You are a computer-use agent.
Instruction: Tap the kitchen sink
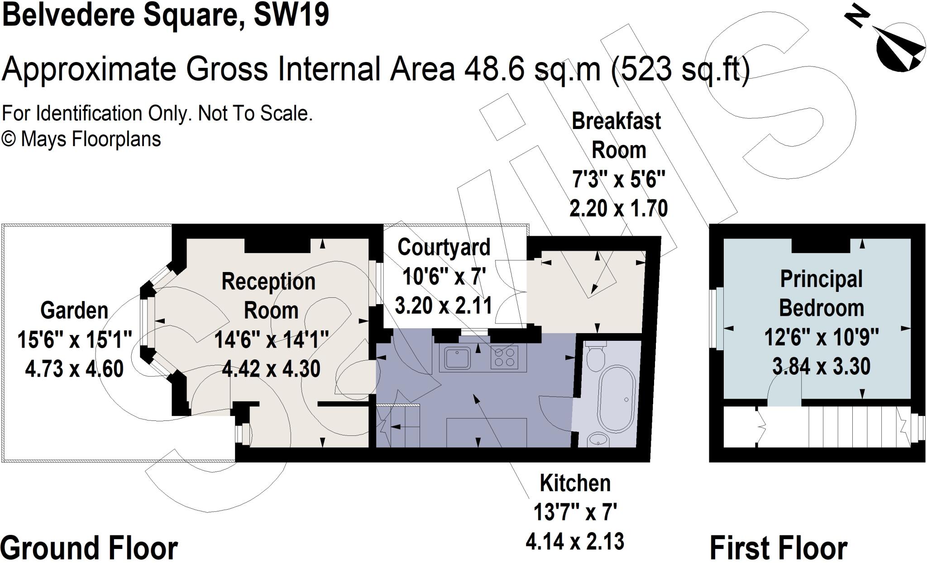click(x=457, y=358)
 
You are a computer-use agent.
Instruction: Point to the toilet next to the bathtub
click(x=595, y=356)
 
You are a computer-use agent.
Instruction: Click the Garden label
click(x=74, y=310)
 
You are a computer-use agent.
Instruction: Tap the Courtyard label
click(x=444, y=247)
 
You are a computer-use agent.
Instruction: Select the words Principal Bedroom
click(x=821, y=293)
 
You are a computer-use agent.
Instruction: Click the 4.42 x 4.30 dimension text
click(x=271, y=368)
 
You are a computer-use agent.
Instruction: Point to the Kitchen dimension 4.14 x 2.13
click(x=575, y=541)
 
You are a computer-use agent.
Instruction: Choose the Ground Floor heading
click(x=89, y=548)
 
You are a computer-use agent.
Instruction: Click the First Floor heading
click(x=779, y=548)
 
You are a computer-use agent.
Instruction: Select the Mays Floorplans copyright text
click(x=81, y=139)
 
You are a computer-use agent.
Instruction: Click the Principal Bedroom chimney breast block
click(x=821, y=245)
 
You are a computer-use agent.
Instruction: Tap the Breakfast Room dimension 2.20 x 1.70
click(x=618, y=209)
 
